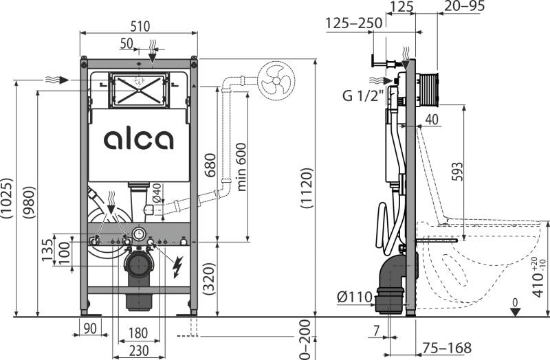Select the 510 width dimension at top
point(140,26)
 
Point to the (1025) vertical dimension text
point(7,199)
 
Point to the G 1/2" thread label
point(362,95)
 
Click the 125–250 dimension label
point(354,23)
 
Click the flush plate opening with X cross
point(140,89)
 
